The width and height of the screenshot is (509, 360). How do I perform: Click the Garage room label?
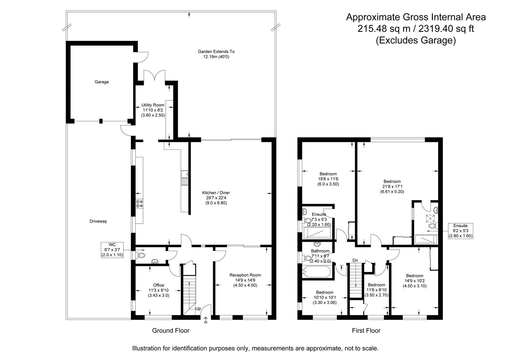click(x=102, y=82)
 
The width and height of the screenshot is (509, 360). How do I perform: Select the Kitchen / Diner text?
click(x=216, y=193)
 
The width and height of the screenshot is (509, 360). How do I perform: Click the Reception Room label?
click(x=245, y=275)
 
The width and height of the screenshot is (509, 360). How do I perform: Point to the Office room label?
click(x=158, y=285)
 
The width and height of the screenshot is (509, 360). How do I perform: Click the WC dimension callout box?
click(x=112, y=250)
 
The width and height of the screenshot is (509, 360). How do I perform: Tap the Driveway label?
click(x=98, y=221)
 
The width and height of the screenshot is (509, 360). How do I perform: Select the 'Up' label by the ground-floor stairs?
click(x=198, y=309)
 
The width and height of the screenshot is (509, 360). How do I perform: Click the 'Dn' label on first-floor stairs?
click(x=355, y=260)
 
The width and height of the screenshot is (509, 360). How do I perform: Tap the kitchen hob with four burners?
click(x=139, y=203)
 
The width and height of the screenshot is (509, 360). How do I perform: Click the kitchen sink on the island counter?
click(x=184, y=178)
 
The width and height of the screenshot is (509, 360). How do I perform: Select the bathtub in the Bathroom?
click(x=317, y=271)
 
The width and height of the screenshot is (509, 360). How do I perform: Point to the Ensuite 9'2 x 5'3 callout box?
click(x=460, y=231)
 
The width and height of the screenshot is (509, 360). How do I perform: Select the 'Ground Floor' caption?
click(x=170, y=331)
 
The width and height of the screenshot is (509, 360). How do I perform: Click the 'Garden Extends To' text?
click(x=216, y=52)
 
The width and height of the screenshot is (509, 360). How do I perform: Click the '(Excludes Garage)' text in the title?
click(x=416, y=40)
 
